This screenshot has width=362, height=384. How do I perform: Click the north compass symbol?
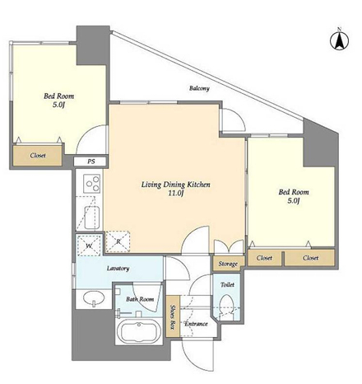coord(339,40)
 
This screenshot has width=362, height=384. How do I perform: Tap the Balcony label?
coord(199,88)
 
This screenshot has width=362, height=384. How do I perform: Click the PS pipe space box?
coord(90,162)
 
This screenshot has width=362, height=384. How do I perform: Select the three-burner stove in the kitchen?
coord(92,183)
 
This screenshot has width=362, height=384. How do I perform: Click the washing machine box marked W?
coord(89,246)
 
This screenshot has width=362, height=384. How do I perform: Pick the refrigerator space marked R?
coord(118,241)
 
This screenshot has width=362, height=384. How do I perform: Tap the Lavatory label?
coord(118,269)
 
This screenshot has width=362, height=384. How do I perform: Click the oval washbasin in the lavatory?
coord(93,297)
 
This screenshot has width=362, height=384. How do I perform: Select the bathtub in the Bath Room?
coord(138,331)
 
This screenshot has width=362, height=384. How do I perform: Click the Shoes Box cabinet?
coord(173,316)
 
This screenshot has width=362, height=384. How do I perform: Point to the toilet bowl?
coord(227,305)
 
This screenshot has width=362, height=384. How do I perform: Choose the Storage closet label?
coord(228,264)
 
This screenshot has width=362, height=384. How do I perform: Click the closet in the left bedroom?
coord(38,156)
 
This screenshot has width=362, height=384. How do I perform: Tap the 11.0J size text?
coord(175,194)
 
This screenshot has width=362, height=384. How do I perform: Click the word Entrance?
coord(196,324)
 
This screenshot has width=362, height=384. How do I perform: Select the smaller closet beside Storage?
coord(264,258)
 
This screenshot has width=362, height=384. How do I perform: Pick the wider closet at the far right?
coord(309,258)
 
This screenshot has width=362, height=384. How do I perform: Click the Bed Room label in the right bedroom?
coord(294,192)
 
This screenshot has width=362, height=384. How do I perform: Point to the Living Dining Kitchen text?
coord(176,185)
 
